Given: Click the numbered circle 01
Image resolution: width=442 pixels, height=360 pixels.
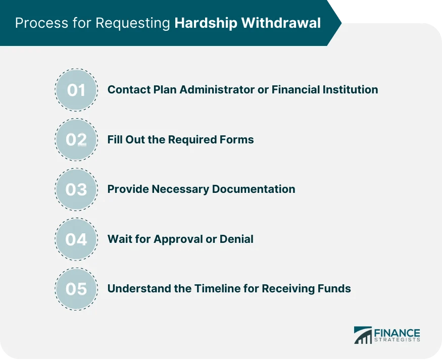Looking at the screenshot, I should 76,90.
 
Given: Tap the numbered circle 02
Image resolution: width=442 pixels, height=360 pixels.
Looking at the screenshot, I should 76,140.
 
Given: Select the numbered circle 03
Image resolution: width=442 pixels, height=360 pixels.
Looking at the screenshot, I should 76,189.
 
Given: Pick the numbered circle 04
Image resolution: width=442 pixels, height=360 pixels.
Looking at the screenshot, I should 76,239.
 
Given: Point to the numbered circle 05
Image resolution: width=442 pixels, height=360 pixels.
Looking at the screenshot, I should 76,289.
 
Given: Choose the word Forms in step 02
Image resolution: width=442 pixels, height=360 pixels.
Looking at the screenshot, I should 237,139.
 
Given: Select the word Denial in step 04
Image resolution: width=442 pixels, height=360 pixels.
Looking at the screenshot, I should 236,238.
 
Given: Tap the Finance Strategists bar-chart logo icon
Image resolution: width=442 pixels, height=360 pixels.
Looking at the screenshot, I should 362,335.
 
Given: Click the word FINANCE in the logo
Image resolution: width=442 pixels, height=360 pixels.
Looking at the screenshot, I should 397,333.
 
